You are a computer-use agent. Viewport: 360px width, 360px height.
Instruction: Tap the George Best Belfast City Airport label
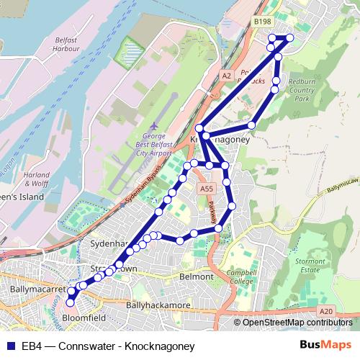pos(154,143)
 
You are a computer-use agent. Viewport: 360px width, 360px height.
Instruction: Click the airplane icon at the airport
pos(155,124)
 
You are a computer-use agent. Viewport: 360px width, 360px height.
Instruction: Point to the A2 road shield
pos(227,75)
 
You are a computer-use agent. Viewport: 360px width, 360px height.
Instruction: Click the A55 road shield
pos(207,189)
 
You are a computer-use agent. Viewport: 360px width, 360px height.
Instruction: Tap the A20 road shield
pos(327,311)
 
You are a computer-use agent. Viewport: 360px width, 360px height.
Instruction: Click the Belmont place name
pos(197,276)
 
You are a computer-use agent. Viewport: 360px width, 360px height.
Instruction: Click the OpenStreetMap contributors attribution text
pos(296,322)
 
